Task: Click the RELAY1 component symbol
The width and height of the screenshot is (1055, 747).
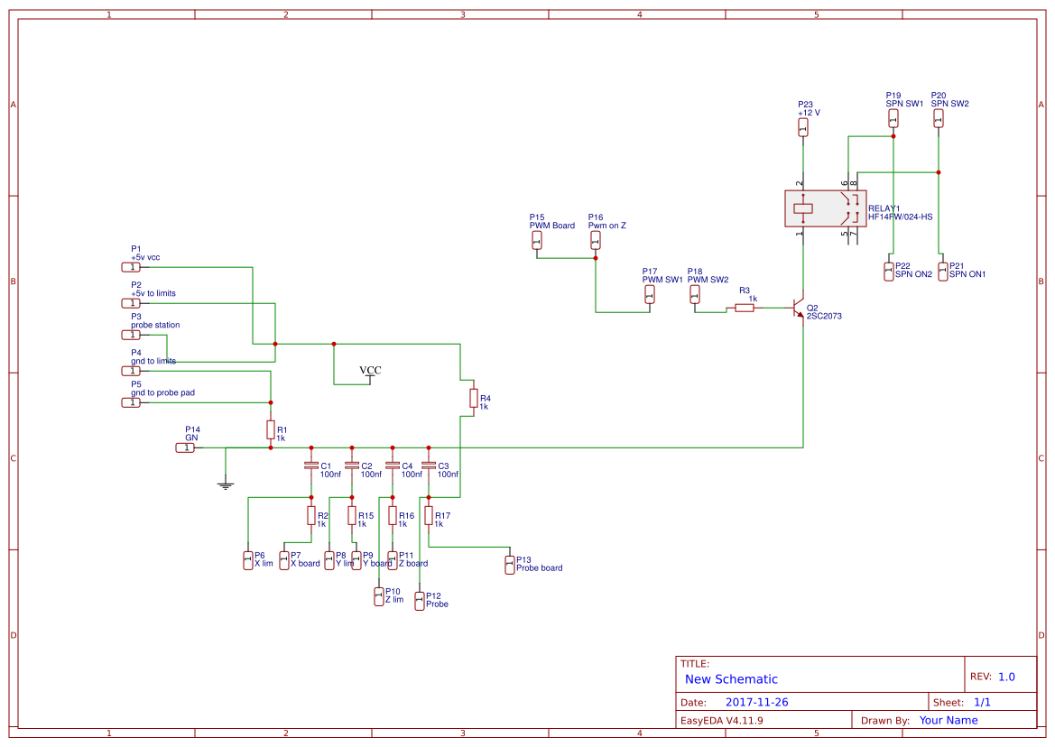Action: click(825, 208)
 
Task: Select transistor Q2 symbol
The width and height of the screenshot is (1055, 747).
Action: click(798, 308)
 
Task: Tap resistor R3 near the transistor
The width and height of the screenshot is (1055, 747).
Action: click(745, 308)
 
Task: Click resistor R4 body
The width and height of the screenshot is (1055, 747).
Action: click(473, 398)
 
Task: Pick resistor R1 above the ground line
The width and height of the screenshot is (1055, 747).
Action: click(270, 430)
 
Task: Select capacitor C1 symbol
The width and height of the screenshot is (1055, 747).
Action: click(311, 466)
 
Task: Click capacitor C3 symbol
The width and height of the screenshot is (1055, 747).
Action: click(429, 466)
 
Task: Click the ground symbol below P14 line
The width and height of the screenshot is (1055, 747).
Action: click(226, 485)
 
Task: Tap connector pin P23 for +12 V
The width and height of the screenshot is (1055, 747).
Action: click(803, 127)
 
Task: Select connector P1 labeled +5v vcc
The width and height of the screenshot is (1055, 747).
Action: click(132, 267)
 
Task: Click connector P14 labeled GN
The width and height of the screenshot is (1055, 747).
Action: click(185, 447)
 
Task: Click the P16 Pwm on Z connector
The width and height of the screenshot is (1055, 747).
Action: click(596, 239)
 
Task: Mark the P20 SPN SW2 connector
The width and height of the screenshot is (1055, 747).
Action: click(939, 118)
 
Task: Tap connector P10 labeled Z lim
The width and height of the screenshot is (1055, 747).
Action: click(379, 596)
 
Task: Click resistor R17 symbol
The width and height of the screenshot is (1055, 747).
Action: click(429, 515)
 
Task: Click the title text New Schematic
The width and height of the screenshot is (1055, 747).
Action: click(731, 679)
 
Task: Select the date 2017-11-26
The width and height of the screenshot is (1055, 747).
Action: click(756, 702)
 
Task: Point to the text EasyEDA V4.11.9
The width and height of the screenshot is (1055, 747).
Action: click(721, 720)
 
